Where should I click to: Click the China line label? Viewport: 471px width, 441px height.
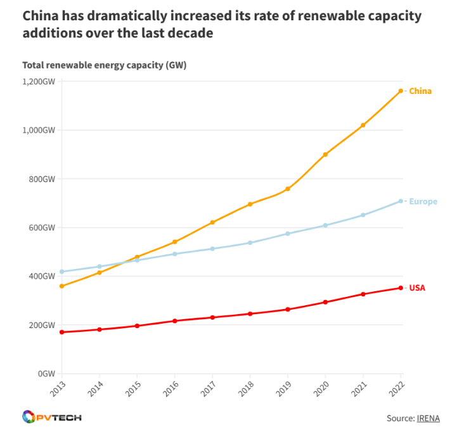(420, 91)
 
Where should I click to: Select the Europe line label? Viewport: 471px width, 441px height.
(423, 202)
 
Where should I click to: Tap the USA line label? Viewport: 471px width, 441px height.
(417, 288)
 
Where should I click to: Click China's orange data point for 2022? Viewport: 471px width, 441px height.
(401, 91)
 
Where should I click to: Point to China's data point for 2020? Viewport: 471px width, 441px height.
(325, 154)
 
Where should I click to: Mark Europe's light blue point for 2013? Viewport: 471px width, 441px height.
(61, 272)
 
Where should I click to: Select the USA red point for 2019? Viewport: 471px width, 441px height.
(288, 310)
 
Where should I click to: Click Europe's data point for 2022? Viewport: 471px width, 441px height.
(401, 201)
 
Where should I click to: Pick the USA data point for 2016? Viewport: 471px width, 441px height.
(175, 321)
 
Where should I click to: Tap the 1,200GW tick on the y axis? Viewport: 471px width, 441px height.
(40, 81)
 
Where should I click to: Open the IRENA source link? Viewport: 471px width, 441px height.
(428, 418)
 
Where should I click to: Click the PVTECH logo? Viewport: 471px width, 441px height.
(51, 418)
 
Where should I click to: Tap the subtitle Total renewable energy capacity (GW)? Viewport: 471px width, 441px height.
(104, 65)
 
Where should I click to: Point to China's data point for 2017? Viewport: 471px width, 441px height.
(212, 223)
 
